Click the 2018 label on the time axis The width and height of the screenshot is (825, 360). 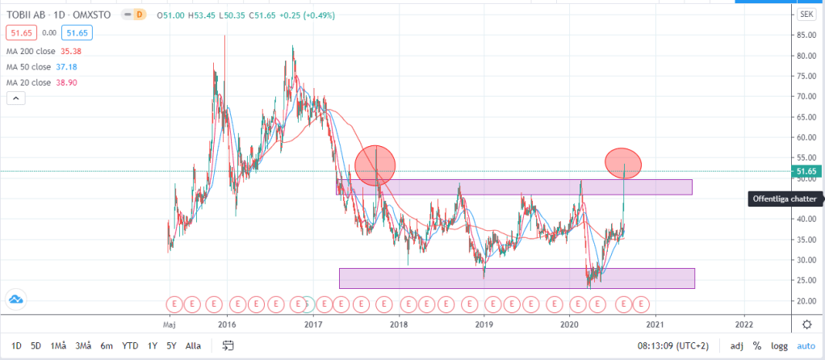click(398, 324)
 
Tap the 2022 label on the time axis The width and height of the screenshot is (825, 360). click(744, 324)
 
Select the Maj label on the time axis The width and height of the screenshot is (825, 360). click(169, 324)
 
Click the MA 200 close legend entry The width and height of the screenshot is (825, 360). click(39, 51)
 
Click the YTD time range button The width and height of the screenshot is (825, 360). click(130, 345)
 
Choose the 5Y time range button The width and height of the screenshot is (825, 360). click(171, 345)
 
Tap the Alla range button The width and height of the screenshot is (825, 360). click(193, 345)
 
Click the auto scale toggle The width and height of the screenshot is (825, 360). click(806, 345)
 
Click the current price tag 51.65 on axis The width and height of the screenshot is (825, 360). click(806, 171)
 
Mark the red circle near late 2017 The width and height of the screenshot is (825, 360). click(375, 165)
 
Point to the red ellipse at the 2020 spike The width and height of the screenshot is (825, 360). click(623, 163)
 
